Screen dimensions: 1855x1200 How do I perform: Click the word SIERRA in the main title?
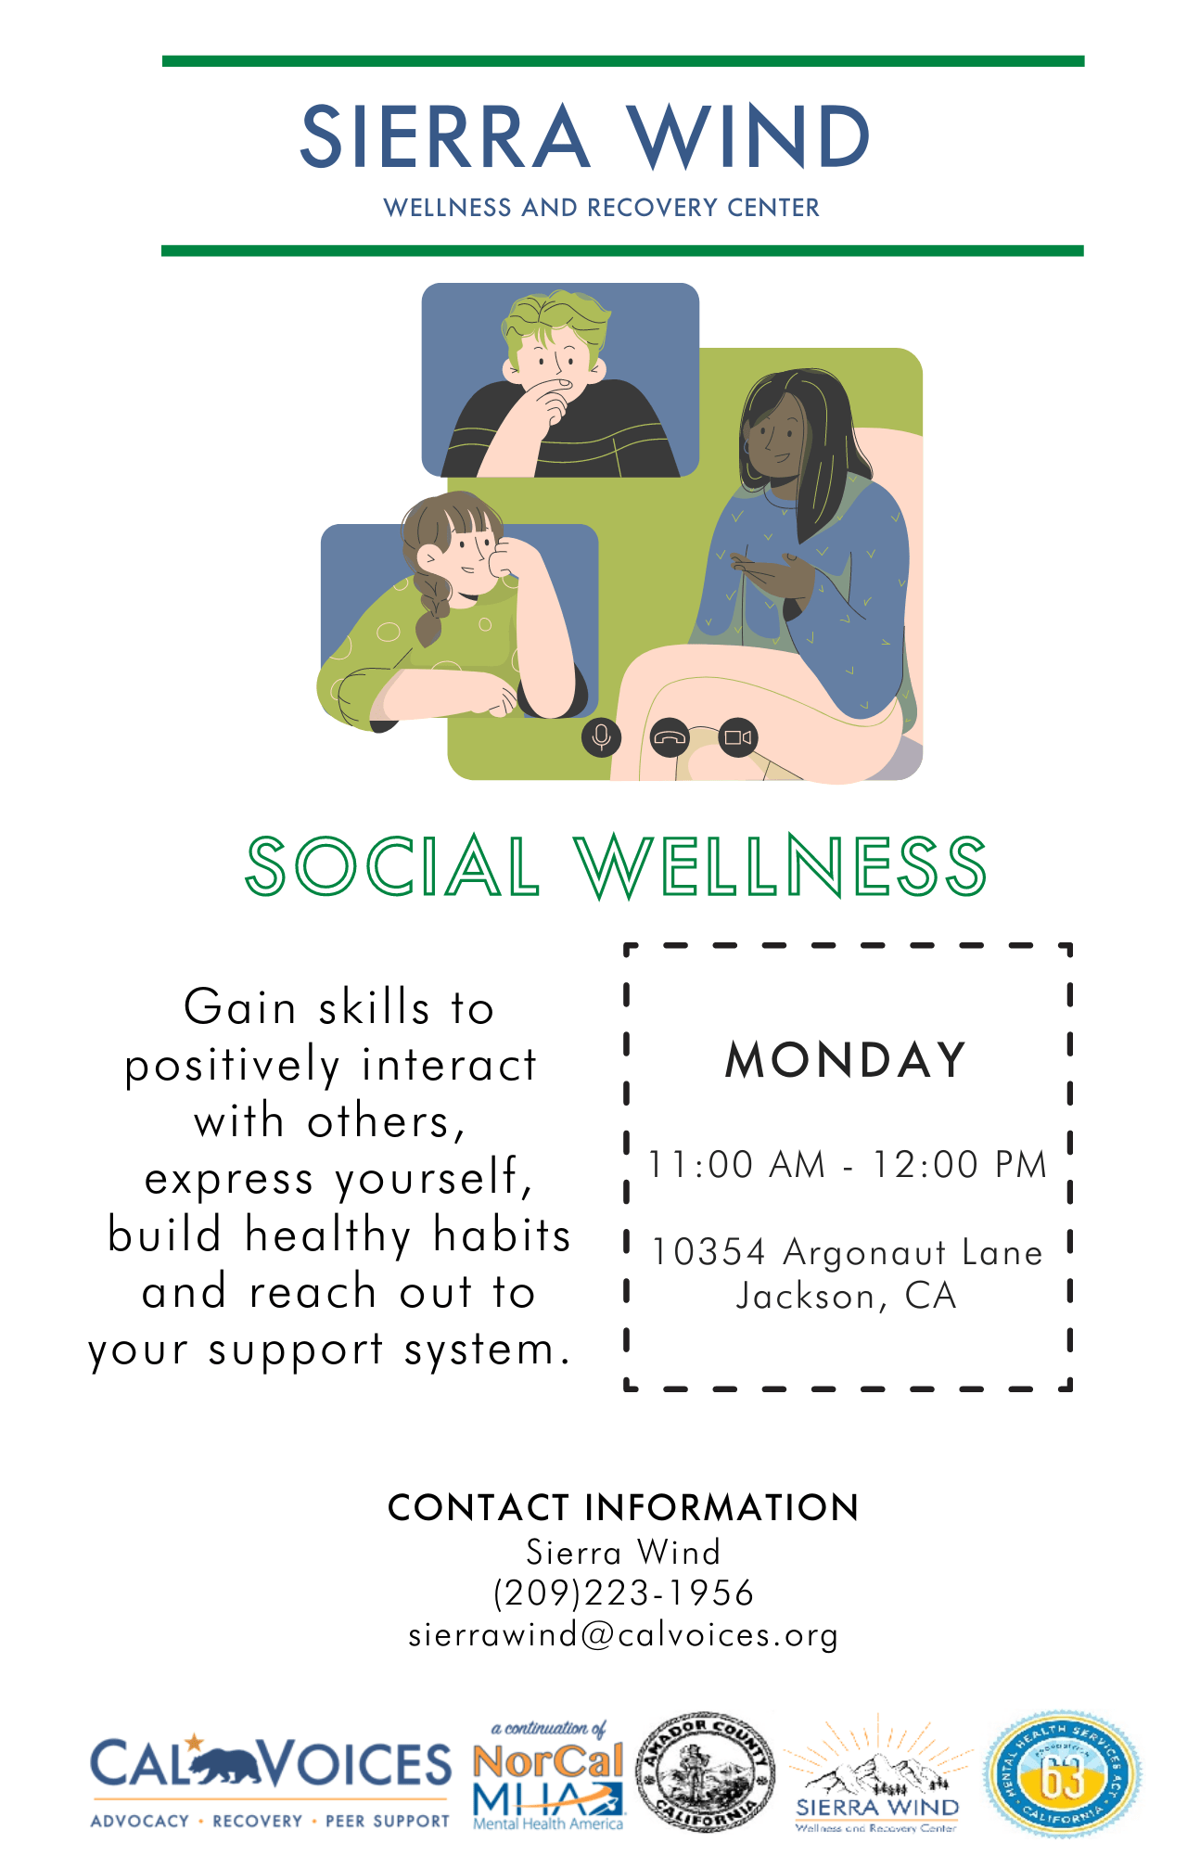click(444, 137)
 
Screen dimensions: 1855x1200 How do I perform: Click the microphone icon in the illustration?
click(602, 737)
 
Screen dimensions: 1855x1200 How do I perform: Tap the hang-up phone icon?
click(670, 738)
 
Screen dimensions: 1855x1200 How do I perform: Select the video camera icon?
click(738, 738)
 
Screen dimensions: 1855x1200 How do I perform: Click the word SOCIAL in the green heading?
click(392, 866)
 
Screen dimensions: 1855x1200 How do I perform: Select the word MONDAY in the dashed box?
click(846, 1060)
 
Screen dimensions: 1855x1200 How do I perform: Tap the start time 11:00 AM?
click(736, 1165)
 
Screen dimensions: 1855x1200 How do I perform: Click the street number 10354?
click(709, 1252)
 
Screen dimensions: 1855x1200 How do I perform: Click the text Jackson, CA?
click(846, 1297)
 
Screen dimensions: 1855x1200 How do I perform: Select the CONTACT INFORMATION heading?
click(623, 1508)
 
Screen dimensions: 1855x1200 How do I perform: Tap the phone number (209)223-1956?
click(623, 1593)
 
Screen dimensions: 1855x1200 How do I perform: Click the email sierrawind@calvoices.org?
click(623, 1634)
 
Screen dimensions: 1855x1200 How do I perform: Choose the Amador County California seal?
click(705, 1773)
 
